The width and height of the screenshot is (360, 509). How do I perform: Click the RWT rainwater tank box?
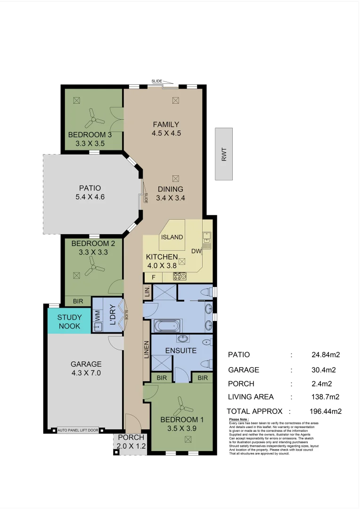point(224,154)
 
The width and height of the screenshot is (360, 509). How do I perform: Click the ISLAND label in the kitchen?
point(172,237)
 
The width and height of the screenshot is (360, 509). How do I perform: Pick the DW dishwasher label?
point(196,251)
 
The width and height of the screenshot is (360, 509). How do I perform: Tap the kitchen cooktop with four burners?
point(180,276)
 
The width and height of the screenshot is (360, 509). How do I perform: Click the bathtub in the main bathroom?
point(167,326)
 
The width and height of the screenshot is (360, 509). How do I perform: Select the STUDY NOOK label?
point(69,322)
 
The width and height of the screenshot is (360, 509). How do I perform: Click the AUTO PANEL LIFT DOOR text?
point(78,430)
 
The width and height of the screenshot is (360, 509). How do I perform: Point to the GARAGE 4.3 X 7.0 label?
point(86,369)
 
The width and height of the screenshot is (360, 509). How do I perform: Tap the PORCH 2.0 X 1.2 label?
point(131,442)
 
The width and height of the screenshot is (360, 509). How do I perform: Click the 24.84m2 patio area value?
point(326,354)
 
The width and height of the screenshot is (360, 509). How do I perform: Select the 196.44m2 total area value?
point(326,411)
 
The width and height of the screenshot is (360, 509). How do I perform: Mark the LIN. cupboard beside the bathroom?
point(147,291)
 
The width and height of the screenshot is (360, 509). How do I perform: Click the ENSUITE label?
point(181,351)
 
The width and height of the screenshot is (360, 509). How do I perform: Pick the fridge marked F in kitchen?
point(153,278)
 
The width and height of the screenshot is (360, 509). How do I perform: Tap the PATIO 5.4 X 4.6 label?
point(90,192)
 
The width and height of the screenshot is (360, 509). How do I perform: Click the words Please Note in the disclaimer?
point(238,419)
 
